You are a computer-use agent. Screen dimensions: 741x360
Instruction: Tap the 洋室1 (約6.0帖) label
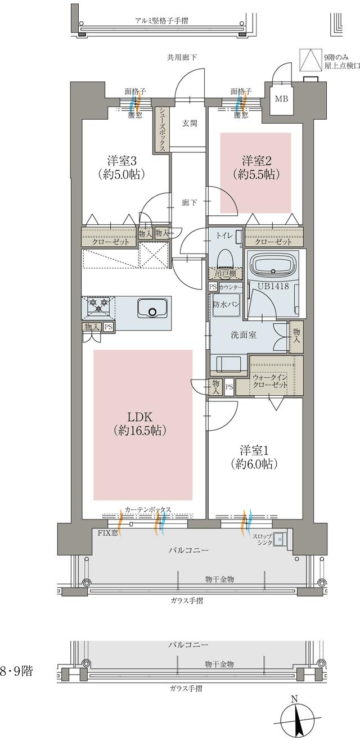(x=252, y=457)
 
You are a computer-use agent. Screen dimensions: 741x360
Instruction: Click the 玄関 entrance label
(x=189, y=124)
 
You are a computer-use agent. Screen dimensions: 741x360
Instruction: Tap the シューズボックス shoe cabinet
(x=162, y=129)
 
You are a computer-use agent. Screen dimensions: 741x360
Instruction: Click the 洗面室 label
(x=244, y=335)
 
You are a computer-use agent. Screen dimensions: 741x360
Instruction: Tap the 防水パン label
(x=224, y=304)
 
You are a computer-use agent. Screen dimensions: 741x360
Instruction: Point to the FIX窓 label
(x=107, y=532)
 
